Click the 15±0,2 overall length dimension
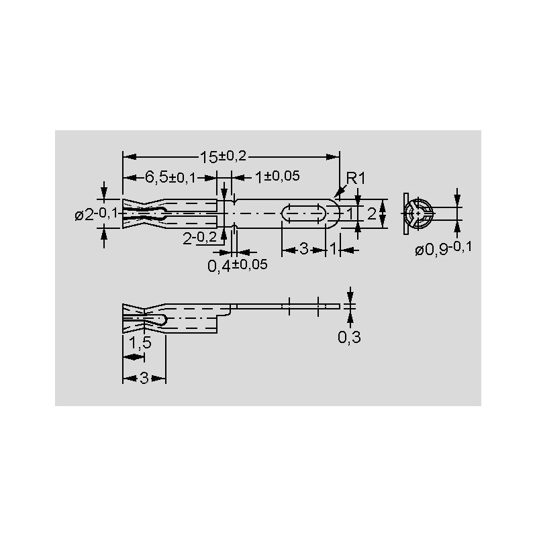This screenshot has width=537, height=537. [x=223, y=157]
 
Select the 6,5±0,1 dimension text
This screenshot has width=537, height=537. [x=170, y=177]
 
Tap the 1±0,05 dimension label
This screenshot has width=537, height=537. [x=277, y=177]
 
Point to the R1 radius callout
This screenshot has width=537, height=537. [x=356, y=178]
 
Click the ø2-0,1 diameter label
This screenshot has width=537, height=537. [x=96, y=214]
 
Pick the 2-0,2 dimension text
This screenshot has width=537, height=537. [x=199, y=238]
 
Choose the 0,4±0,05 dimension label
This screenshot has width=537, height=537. [x=238, y=265]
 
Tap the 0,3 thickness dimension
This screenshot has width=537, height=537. [x=349, y=338]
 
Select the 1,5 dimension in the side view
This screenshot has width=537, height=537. [x=140, y=342]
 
